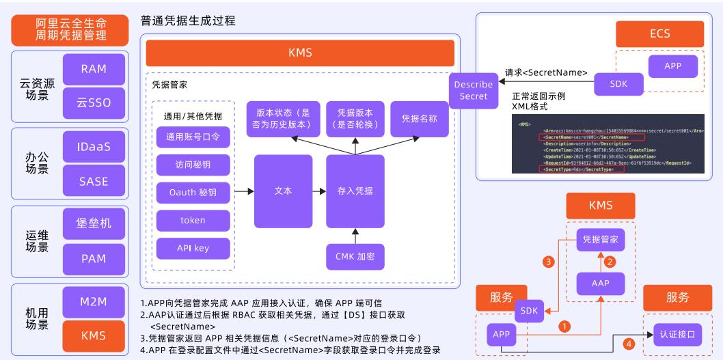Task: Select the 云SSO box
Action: [x=94, y=102]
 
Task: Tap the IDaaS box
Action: [x=94, y=147]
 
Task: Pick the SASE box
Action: [x=94, y=181]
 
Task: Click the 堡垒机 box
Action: [x=94, y=224]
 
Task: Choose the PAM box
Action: [x=94, y=258]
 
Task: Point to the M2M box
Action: [x=94, y=301]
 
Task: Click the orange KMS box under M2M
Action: [x=94, y=335]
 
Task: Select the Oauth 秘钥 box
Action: [x=193, y=193]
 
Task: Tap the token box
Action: [x=193, y=221]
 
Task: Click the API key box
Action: [x=193, y=248]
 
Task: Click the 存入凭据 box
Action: [x=355, y=191]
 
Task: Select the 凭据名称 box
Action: [x=414, y=117]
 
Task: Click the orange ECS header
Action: [x=660, y=34]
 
